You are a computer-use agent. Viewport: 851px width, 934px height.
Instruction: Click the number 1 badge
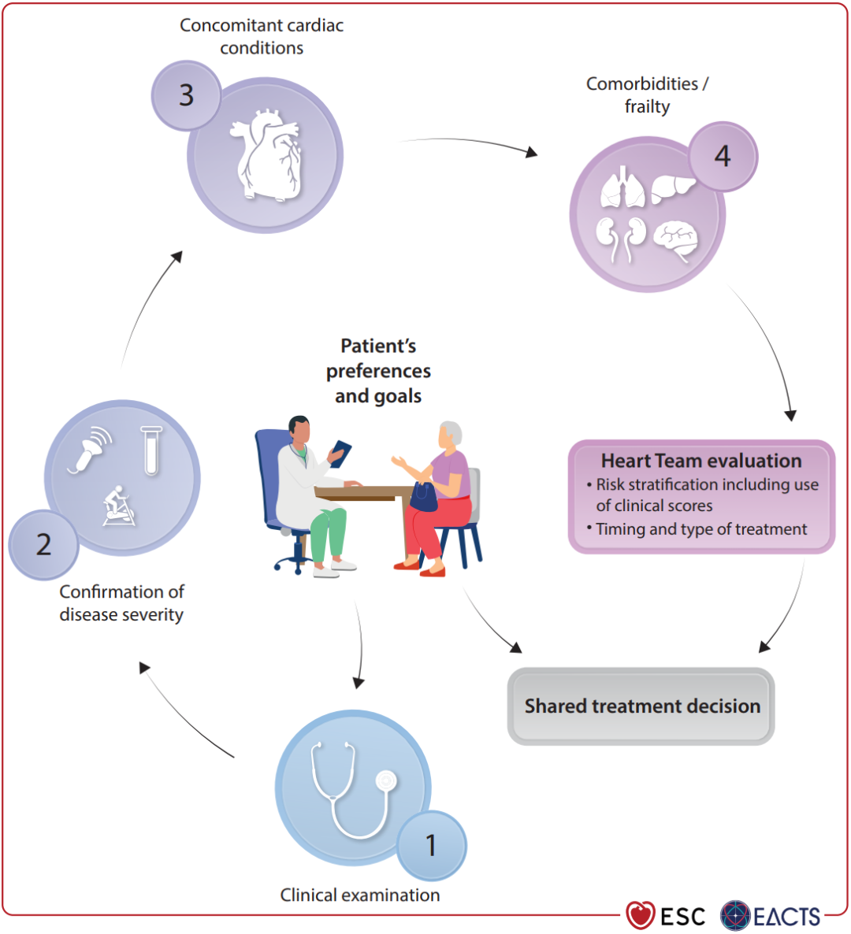click(431, 846)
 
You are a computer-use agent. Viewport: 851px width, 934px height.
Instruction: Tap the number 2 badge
click(43, 545)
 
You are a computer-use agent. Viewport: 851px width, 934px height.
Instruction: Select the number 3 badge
click(186, 95)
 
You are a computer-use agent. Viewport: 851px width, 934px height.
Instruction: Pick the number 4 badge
click(723, 156)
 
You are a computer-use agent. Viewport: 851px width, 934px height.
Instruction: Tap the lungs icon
click(622, 189)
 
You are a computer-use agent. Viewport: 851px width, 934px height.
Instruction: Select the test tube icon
click(151, 450)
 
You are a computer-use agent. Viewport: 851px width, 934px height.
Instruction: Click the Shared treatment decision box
click(641, 706)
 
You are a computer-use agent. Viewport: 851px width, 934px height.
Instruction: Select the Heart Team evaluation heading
click(701, 461)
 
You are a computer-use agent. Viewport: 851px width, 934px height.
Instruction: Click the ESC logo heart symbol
click(641, 915)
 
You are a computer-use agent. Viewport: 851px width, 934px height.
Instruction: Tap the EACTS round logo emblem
click(735, 915)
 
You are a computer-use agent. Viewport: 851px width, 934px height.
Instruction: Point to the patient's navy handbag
click(424, 497)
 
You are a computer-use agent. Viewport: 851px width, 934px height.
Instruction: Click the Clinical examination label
click(360, 895)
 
